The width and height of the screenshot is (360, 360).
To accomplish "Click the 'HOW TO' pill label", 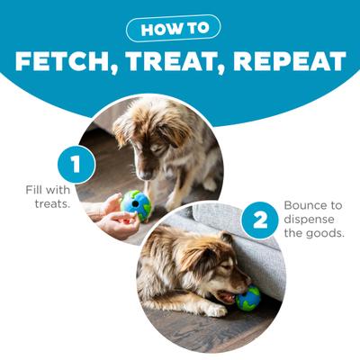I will (x=180, y=29).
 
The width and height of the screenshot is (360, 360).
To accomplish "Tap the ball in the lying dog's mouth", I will (x=247, y=297).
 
